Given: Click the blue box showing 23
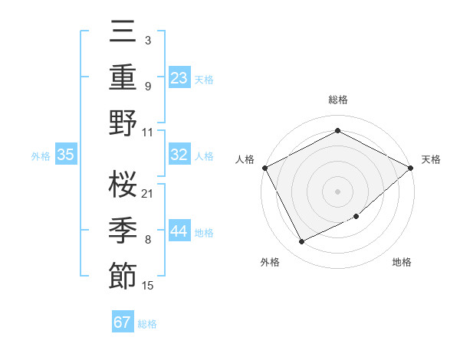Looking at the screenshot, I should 179,78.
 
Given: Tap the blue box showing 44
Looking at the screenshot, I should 179,231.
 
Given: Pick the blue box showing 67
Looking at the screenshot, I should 123,322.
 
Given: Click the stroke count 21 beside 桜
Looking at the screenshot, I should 148,193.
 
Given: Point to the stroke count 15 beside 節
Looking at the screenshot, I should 148,286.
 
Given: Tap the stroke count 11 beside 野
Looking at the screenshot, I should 148,131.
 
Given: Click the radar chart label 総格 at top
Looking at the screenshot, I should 337,100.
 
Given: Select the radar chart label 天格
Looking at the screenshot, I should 431,159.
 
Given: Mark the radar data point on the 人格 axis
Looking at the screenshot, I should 264,167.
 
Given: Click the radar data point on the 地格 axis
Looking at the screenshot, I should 356,216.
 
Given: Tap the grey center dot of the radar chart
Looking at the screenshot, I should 337,191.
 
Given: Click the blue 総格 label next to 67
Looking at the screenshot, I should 147,324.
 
